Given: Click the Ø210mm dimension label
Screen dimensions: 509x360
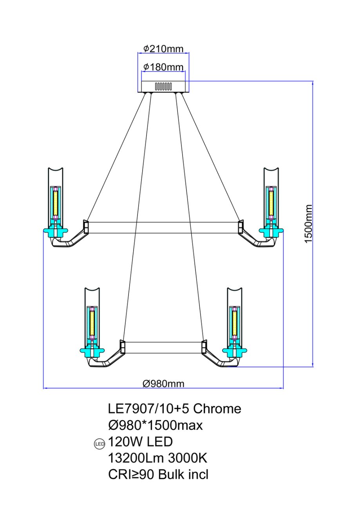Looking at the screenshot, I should tap(163, 49).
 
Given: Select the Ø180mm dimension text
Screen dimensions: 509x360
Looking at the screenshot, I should tap(163, 67).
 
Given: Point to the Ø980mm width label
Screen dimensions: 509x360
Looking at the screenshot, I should tap(163, 384).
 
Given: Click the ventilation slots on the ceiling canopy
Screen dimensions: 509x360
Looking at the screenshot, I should tap(163, 86).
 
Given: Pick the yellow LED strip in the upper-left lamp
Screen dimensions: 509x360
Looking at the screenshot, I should tap(56, 203).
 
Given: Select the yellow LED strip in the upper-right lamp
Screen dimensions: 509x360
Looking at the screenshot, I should tap(271, 203).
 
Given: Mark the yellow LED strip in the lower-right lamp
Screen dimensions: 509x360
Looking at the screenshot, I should tap(233, 323).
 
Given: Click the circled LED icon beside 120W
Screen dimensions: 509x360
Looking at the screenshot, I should tap(99, 444).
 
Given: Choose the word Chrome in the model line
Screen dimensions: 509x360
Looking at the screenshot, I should tap(217, 409).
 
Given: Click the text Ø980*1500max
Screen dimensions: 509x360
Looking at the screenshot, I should tap(156, 425).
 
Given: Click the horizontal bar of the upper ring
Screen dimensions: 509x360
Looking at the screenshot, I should tap(163, 227).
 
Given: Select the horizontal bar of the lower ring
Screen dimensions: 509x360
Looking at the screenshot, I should tap(163, 347).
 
